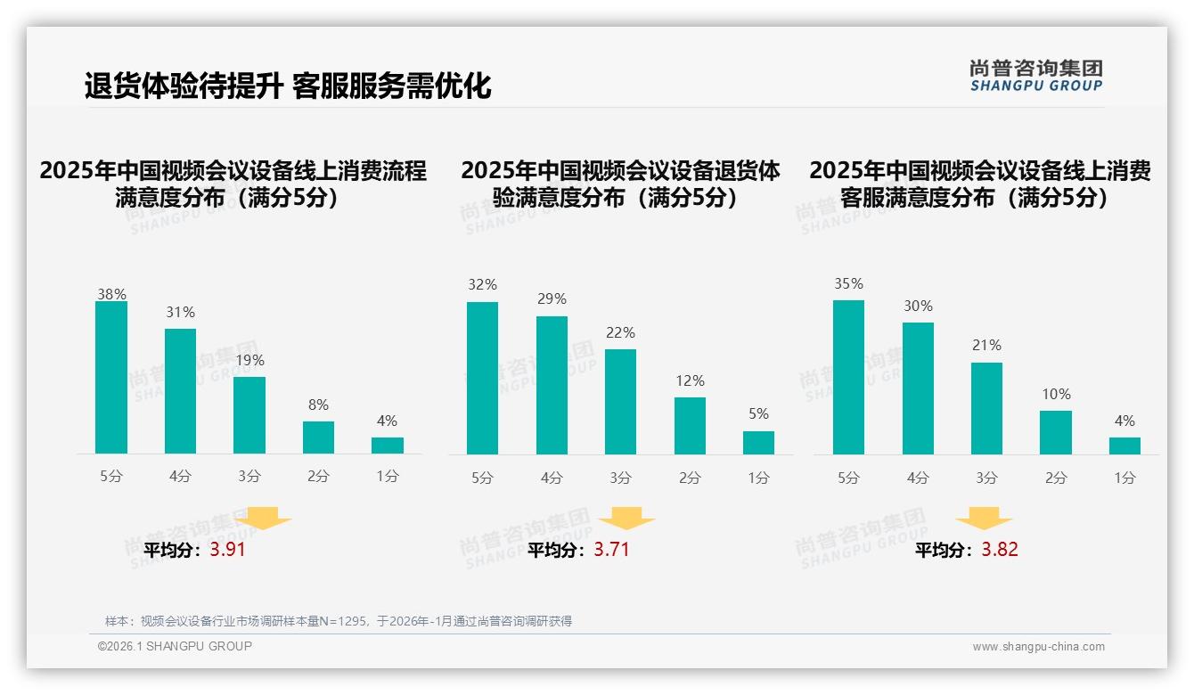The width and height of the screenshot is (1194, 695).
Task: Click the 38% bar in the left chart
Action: pyautogui.click(x=111, y=378)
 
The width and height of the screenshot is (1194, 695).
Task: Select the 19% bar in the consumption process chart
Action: pyautogui.click(x=249, y=415)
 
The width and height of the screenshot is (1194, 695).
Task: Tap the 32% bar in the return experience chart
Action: pyautogui.click(x=482, y=378)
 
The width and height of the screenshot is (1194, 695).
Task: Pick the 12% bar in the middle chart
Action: pyautogui.click(x=690, y=426)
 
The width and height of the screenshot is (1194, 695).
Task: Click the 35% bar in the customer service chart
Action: pyautogui.click(x=848, y=377)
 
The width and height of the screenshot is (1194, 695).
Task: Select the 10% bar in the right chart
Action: pyautogui.click(x=1056, y=432)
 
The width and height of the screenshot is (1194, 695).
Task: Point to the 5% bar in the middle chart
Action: pyautogui.click(x=758, y=443)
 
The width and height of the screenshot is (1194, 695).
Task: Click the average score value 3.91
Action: pyautogui.click(x=227, y=550)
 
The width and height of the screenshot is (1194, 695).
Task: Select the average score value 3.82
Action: pyautogui.click(x=1000, y=550)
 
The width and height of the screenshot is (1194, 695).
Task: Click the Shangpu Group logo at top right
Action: pyautogui.click(x=1035, y=76)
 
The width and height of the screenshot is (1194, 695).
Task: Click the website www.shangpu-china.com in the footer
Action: pyautogui.click(x=1038, y=647)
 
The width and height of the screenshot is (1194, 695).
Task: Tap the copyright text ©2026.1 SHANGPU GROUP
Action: pyautogui.click(x=175, y=646)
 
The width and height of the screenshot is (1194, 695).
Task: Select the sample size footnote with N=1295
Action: pyautogui.click(x=339, y=621)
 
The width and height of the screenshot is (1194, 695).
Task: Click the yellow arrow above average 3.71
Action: pyautogui.click(x=626, y=519)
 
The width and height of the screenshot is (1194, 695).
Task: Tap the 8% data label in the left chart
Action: pyautogui.click(x=318, y=405)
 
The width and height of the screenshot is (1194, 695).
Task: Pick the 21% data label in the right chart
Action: pyautogui.click(x=986, y=346)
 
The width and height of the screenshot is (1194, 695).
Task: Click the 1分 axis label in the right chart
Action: pyautogui.click(x=1124, y=478)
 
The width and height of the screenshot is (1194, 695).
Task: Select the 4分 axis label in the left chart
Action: pyautogui.click(x=180, y=477)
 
